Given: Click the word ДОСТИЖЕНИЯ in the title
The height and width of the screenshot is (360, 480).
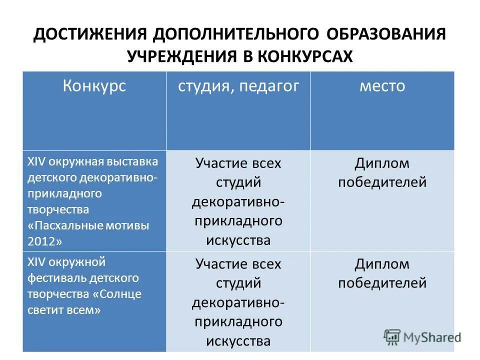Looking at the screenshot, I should pyautogui.click(x=90, y=35).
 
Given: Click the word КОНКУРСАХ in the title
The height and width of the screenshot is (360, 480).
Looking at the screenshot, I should pyautogui.click(x=305, y=56).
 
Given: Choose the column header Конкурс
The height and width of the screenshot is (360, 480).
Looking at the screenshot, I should pyautogui.click(x=94, y=86).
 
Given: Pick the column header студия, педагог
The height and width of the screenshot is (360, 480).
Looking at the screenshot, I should pyautogui.click(x=238, y=86).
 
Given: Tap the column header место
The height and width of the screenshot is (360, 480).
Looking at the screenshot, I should pyautogui.click(x=382, y=86).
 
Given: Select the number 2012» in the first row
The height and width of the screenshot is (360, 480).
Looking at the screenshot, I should pyautogui.click(x=45, y=241).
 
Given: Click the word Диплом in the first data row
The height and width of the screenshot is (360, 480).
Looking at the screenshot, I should pyautogui.click(x=382, y=163).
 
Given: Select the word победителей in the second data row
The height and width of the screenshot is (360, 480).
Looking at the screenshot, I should pyautogui.click(x=382, y=283).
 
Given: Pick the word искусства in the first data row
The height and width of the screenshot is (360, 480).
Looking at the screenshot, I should pyautogui.click(x=238, y=240).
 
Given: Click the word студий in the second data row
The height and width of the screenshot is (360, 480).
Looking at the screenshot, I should pyautogui.click(x=238, y=283).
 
